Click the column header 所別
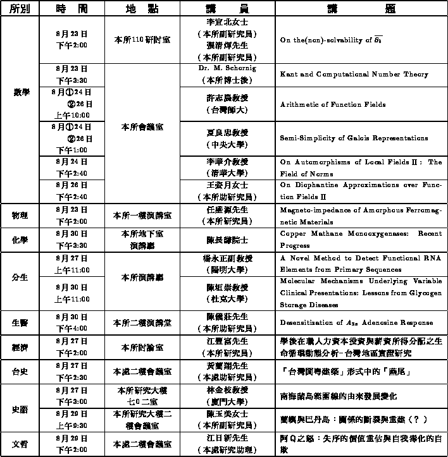[20, 8]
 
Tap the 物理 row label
[20, 216]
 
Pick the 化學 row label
[20, 240]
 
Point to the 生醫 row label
[20, 322]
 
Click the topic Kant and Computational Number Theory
[354, 74]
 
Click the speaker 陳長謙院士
[227, 240]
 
